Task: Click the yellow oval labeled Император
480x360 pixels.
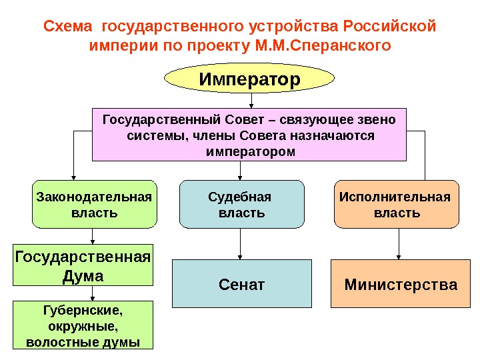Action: (x=249, y=80)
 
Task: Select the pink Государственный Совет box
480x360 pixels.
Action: (x=249, y=135)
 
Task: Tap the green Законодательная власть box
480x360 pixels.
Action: (x=94, y=205)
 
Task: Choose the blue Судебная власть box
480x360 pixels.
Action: (x=241, y=205)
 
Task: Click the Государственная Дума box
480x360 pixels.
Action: (x=83, y=265)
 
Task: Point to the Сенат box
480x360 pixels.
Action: (x=242, y=285)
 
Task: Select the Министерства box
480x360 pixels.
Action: (x=401, y=285)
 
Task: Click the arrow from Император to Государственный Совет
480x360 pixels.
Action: (x=251, y=101)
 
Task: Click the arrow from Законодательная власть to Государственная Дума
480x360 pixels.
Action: (x=93, y=236)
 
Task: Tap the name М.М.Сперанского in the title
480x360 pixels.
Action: (x=319, y=47)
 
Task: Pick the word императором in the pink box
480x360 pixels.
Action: (x=249, y=151)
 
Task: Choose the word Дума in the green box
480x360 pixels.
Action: (x=83, y=275)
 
